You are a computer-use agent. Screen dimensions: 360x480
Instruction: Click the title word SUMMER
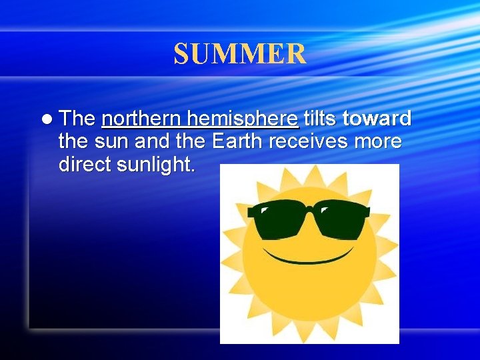point(240,54)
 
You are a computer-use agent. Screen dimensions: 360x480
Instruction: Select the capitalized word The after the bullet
point(77,119)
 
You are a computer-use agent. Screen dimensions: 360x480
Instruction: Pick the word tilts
point(321,119)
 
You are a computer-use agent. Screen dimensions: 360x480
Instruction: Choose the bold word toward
point(377,119)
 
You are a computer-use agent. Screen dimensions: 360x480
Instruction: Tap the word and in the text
point(151,142)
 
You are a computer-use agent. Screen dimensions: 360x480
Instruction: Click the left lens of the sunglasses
point(276,220)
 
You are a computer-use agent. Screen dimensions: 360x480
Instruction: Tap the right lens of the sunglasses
point(339,220)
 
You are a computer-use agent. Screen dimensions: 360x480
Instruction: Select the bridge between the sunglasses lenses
point(308,212)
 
